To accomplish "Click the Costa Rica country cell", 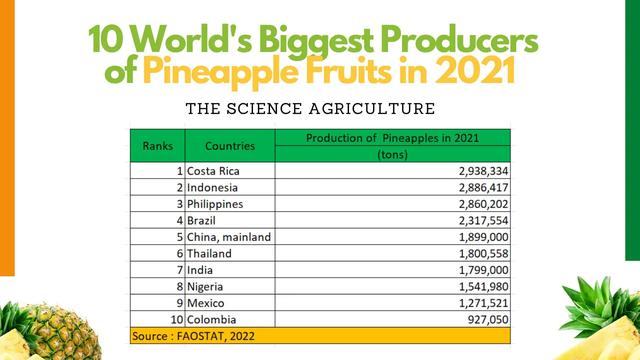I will (214, 171).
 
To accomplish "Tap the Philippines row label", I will (216, 204).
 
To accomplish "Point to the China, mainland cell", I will (229, 237).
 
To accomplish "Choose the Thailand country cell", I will (210, 254).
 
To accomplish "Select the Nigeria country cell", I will (208, 286).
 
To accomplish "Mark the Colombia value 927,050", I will (481, 319).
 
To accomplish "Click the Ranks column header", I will (158, 146).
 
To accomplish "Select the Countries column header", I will (230, 146).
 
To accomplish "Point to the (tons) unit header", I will (392, 155).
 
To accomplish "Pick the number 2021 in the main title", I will (483, 71).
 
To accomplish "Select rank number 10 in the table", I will (178, 319).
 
